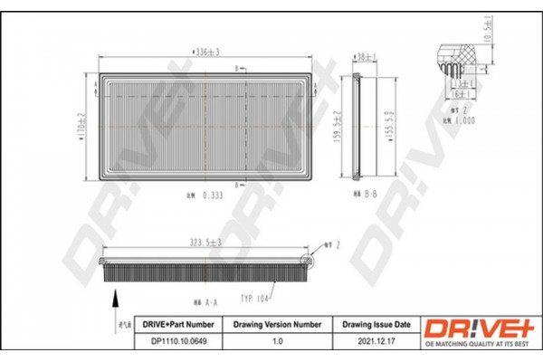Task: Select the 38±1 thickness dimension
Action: (x=365, y=56)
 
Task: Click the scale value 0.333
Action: (x=212, y=195)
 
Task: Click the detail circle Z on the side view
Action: (x=305, y=262)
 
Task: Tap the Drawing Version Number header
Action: (x=278, y=323)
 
